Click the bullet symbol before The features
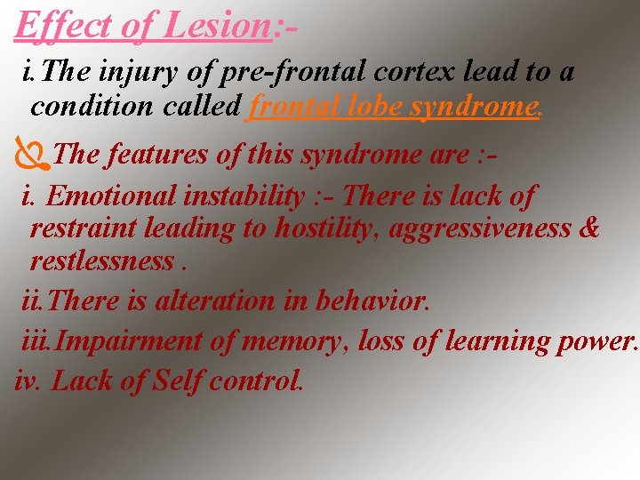tap(32, 155)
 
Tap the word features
tap(160, 155)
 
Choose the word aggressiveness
tap(481, 228)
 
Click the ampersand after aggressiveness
tap(588, 228)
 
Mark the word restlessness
tap(102, 261)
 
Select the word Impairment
tap(126, 341)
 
